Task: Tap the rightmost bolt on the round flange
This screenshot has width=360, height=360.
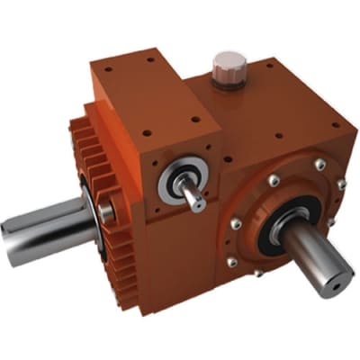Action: (340, 184)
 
